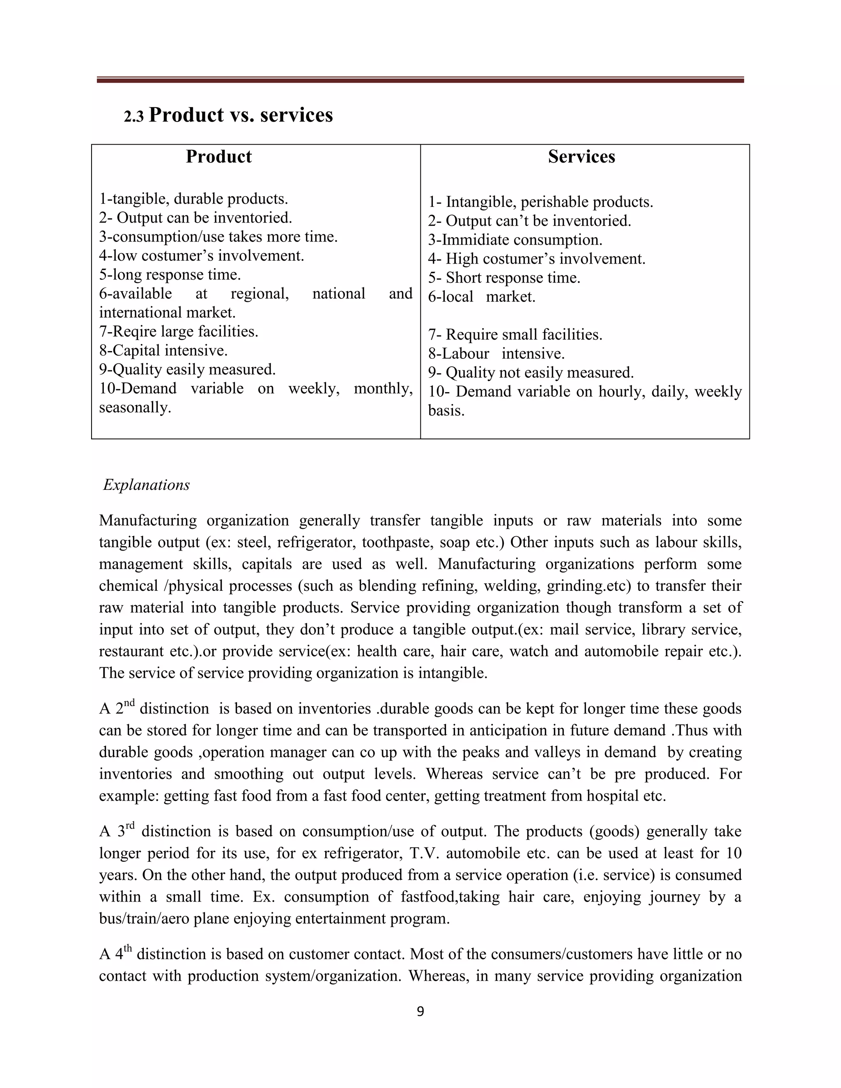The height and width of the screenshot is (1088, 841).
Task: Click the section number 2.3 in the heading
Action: tap(133, 117)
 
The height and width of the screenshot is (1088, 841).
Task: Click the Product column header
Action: tap(219, 156)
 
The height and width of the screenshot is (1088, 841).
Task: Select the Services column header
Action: tap(581, 156)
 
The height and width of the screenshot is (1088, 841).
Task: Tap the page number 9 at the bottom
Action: tap(420, 1011)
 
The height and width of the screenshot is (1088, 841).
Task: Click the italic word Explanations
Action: tap(147, 485)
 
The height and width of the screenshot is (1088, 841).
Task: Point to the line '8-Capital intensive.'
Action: tap(163, 350)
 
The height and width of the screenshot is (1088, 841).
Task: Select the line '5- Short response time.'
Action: tap(504, 278)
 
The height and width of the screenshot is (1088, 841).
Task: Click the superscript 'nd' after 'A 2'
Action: tap(129, 703)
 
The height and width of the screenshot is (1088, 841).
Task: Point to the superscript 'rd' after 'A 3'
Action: tap(130, 826)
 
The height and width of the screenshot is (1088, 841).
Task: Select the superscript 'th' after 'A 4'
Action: tap(128, 948)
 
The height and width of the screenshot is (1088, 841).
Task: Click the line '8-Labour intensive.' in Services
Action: tap(496, 353)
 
